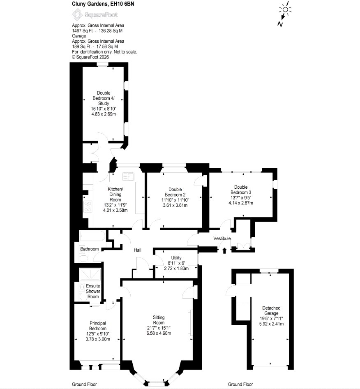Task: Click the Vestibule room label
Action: click(x=222, y=238)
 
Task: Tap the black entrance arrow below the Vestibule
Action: click(x=225, y=250)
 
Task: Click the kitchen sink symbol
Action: click(x=128, y=176)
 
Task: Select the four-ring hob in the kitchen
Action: click(x=88, y=207)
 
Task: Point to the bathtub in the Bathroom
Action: click(x=92, y=236)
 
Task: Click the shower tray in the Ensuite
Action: click(x=90, y=275)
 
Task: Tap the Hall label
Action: click(x=138, y=250)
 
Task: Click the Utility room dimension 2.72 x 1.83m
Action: click(x=176, y=268)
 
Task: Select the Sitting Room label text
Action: click(x=159, y=320)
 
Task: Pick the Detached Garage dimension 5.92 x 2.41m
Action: click(x=271, y=324)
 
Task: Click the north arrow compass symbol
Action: click(x=284, y=14)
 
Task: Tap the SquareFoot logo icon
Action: click(x=77, y=15)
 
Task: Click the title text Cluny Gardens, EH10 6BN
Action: click(x=103, y=4)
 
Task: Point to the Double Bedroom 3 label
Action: click(x=241, y=190)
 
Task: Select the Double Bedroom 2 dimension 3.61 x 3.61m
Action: click(x=175, y=205)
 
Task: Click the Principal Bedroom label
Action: click(x=98, y=326)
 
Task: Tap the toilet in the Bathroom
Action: click(x=83, y=259)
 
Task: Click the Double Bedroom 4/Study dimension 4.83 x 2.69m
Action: click(x=104, y=114)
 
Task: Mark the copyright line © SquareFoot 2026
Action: click(x=90, y=57)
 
